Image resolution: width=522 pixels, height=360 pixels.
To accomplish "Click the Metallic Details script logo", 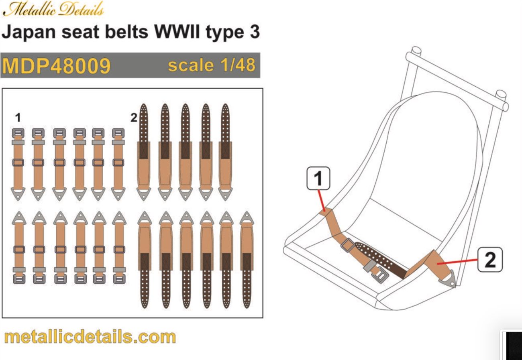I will coord(53,9).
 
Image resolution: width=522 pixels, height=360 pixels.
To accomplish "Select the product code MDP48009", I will coord(56,66).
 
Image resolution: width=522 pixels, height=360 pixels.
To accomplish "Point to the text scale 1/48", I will coord(211,65).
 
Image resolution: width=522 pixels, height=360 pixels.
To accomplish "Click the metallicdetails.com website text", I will coord(90,336).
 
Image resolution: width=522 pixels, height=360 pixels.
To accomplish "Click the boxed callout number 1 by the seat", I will coord(318,179).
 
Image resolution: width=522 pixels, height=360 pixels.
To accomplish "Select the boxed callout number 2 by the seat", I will coord(490,259).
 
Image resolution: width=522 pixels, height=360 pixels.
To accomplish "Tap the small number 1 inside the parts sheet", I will coord(17,117).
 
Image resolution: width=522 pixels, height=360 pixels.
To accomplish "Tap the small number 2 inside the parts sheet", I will coord(134,118).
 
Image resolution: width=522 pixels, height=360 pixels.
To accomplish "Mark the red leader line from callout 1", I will coord(322,200).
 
